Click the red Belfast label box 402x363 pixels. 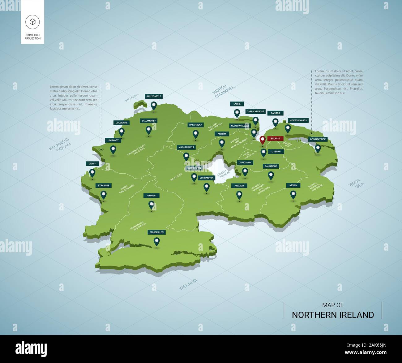(275, 139)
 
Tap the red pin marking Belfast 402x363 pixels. (263, 140)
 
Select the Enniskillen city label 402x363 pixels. (157, 232)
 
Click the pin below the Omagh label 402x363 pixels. (152, 205)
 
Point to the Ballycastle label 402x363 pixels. (154, 96)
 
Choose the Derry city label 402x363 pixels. (92, 164)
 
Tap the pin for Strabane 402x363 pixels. (104, 195)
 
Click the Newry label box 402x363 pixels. (293, 185)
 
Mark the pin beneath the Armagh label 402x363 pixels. (239, 195)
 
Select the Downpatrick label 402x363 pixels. (318, 139)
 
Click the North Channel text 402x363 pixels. (223, 90)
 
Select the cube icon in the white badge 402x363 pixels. (32, 22)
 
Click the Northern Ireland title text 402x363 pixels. (333, 315)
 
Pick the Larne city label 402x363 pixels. (237, 104)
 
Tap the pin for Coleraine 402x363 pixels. (122, 132)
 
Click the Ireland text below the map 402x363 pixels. (188, 284)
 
